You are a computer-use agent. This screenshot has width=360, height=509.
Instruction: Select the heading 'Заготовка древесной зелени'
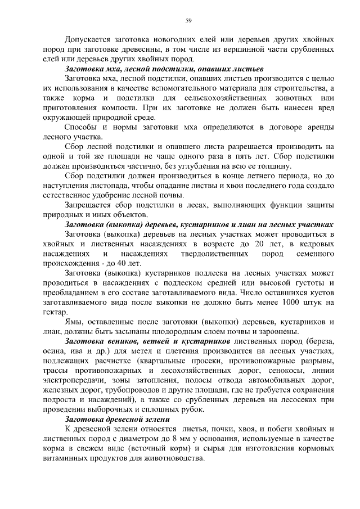[x=116, y=419]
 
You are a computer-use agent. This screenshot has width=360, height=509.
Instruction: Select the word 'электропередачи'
[x=72, y=380]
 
